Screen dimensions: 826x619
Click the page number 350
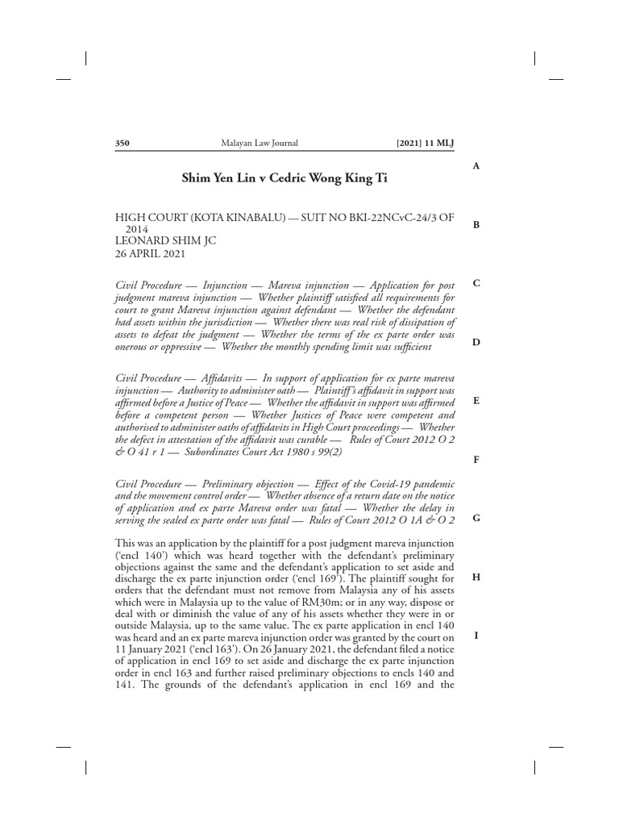123,144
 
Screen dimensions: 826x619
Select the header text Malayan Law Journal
259,144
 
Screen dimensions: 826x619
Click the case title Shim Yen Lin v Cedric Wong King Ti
285,177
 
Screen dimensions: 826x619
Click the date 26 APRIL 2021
151,253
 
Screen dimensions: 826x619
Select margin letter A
476,165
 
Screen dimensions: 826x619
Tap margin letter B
476,224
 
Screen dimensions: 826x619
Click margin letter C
476,283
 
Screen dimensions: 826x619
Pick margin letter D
476,342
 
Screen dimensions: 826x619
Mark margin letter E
476,400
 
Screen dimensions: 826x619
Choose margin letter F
476,459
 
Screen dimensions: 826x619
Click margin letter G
476,518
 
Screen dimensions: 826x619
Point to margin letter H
476,577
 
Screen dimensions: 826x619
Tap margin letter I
476,635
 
